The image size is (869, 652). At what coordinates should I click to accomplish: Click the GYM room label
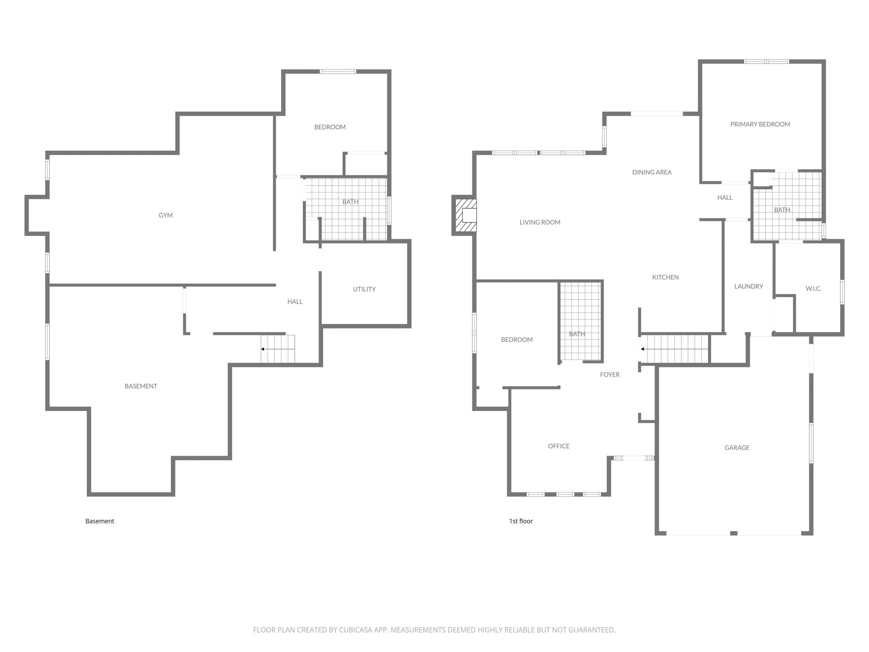coord(165,215)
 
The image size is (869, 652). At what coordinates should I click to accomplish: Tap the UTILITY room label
coord(364,289)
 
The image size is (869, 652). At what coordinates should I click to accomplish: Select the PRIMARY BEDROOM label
coord(760,124)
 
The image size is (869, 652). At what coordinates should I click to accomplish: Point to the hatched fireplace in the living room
coord(466,215)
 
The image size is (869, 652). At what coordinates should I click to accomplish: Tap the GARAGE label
coord(737,448)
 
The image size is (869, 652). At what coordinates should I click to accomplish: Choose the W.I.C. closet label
coord(813,289)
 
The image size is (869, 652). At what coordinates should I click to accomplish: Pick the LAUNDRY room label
coord(749,287)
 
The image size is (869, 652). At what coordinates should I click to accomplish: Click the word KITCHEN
coord(666,277)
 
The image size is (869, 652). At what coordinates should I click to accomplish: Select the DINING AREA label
coord(652,172)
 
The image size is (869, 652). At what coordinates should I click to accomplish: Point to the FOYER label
coord(610,375)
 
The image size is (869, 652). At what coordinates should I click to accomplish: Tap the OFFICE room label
coord(559,446)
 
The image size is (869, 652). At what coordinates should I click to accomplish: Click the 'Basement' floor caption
coord(100,521)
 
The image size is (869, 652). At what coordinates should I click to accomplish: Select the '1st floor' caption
coord(521,521)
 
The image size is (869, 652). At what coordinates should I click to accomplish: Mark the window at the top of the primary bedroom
coord(766,62)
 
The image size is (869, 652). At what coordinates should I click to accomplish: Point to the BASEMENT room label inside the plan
coord(141,386)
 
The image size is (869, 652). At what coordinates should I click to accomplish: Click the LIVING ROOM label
coord(540,223)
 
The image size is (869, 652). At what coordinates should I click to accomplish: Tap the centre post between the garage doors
coord(733,533)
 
